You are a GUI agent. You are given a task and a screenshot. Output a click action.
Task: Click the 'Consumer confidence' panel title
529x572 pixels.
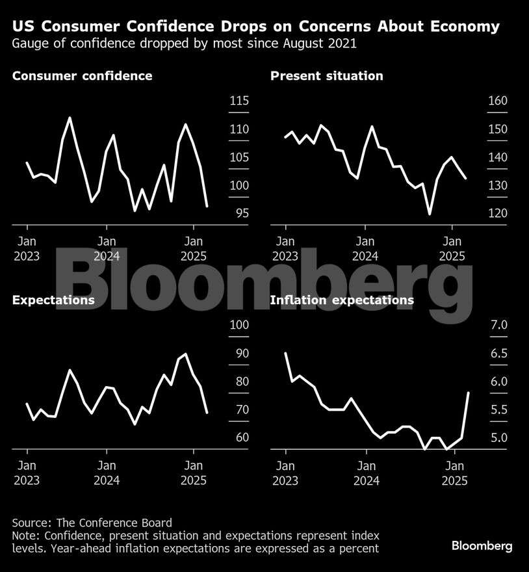[82, 76]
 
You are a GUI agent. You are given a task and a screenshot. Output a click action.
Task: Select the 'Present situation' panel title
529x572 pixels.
[326, 76]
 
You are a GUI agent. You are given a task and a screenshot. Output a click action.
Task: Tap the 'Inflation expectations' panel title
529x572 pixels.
[341, 300]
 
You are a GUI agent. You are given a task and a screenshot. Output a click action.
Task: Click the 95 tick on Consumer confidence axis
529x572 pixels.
[242, 214]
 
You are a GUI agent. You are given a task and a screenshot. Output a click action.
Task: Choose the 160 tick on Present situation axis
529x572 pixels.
[498, 101]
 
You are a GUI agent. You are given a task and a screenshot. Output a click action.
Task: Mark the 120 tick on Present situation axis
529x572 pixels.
[498, 214]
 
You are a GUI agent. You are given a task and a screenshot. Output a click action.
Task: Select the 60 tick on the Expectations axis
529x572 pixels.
[242, 437]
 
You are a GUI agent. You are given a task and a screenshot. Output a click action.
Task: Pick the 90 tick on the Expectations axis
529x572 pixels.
[242, 354]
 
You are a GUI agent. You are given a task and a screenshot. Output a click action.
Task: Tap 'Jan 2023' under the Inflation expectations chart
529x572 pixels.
[285, 473]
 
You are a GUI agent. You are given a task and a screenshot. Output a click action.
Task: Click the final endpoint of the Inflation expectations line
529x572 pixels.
[469, 393]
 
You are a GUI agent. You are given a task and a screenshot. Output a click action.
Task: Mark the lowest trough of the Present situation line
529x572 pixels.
[430, 213]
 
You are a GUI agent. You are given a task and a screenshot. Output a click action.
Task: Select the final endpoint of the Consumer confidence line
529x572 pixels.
[207, 207]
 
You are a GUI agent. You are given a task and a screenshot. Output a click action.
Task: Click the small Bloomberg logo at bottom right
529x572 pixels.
[482, 546]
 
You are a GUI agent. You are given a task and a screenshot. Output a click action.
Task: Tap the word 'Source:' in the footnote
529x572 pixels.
[32, 523]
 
